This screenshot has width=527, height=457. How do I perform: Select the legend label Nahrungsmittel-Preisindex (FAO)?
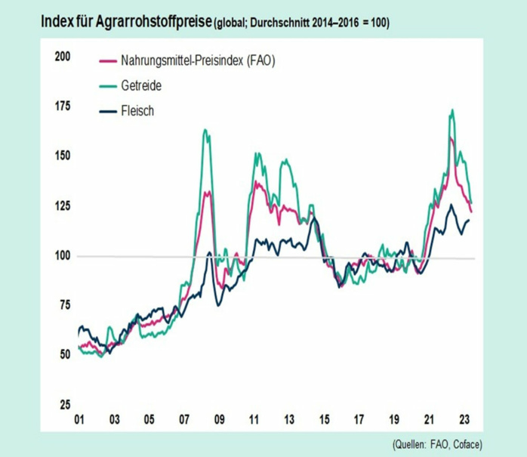coord(197,61)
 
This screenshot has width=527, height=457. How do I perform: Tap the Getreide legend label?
coord(141,86)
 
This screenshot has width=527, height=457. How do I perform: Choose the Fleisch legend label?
coord(138,111)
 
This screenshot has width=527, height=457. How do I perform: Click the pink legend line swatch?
coord(107,61)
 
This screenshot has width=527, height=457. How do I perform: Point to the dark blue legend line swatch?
coord(107,111)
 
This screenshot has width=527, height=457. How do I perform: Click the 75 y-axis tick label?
coord(64,304)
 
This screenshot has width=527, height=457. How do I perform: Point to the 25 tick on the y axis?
coord(64,404)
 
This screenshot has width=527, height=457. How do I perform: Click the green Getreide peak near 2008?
coord(205,130)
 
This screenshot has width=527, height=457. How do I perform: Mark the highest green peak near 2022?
coord(451,110)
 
